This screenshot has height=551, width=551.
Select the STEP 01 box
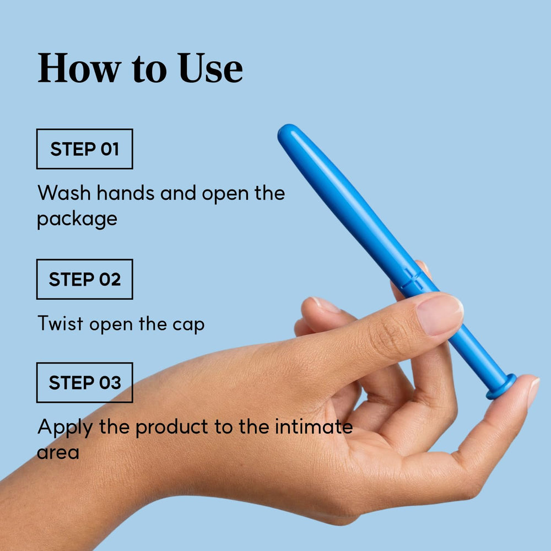coord(85,149)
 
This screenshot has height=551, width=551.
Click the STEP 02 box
coord(85,279)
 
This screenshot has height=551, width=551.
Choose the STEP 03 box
coord(85,382)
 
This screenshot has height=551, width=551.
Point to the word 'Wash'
coord(64,193)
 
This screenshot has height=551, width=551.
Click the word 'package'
coord(77,220)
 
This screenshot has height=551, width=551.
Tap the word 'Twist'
coord(61,323)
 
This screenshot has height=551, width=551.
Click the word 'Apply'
coord(65,428)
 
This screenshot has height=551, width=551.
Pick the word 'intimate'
coord(314,426)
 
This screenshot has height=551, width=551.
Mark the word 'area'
coord(58,453)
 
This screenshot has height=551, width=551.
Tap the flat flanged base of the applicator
coord(501,387)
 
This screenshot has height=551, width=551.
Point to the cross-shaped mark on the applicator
coord(413,279)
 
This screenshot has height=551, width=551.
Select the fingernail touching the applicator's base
coord(533,392)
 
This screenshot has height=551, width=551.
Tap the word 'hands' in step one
coord(126,193)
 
